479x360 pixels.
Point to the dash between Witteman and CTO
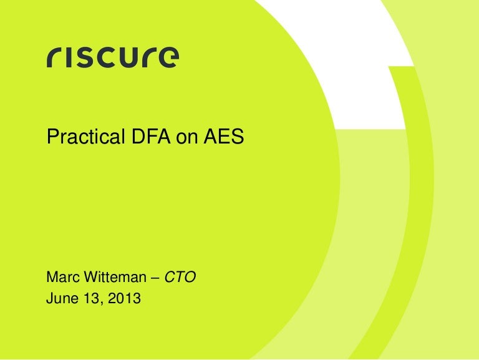(155, 276)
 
